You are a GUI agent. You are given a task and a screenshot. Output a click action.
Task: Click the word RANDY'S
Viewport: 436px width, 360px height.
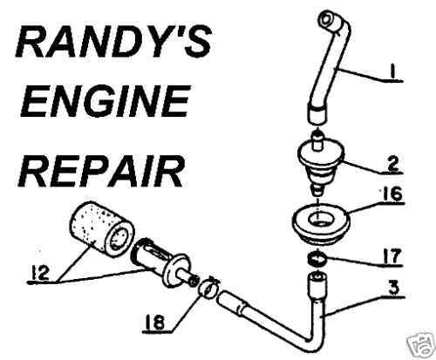tap(113, 42)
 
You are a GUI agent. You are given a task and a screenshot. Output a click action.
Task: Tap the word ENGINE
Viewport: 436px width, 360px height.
tap(106, 101)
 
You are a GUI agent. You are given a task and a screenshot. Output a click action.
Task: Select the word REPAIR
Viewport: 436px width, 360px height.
tap(103, 169)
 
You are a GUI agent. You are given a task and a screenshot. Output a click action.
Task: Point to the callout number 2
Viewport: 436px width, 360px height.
tap(392, 165)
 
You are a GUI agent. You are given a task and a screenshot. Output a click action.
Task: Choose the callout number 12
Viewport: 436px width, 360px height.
tap(39, 273)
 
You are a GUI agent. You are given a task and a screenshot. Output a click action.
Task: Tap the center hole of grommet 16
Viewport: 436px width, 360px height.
tap(320, 219)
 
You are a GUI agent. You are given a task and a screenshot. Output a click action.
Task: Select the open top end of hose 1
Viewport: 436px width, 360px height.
tap(324, 19)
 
